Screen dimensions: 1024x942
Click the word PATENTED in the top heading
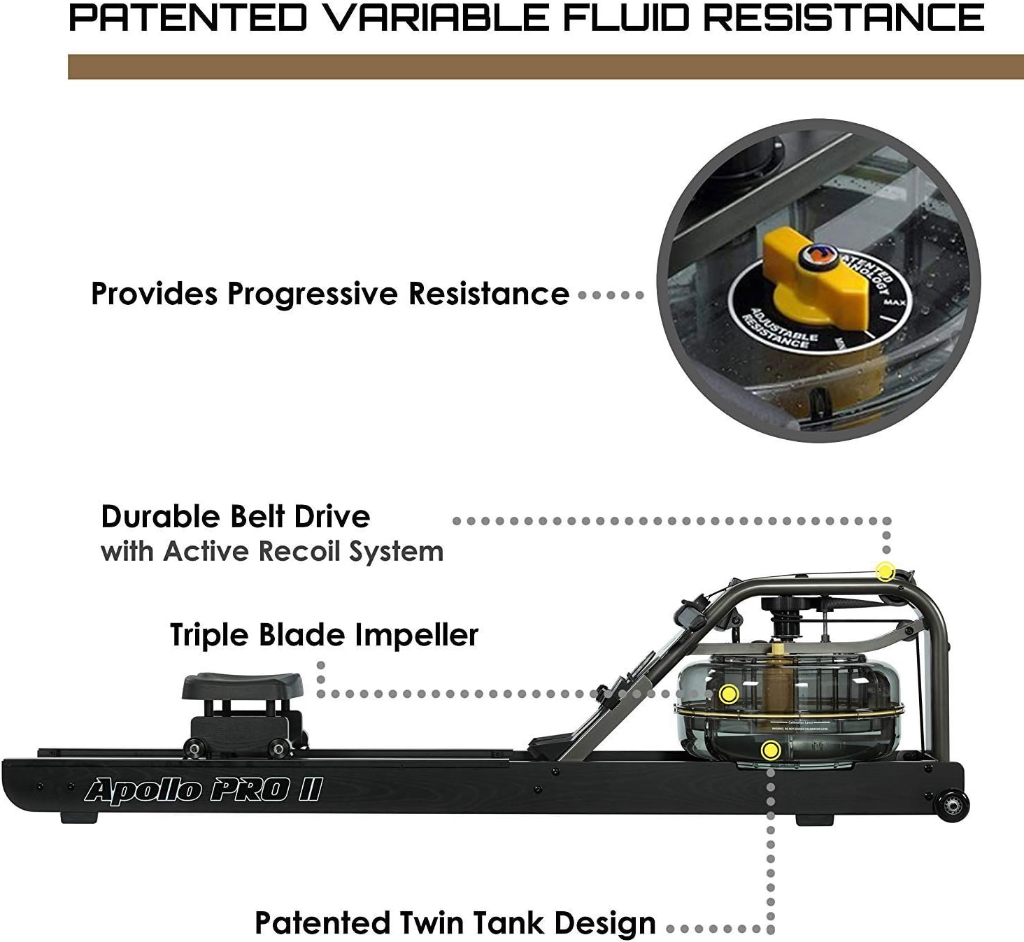click(187, 17)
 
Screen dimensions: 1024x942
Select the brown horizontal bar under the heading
click(546, 67)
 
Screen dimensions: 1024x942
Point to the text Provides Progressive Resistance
click(330, 294)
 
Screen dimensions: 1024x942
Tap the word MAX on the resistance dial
click(890, 302)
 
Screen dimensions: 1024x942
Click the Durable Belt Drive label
click(236, 517)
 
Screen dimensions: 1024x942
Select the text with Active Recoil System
click(272, 552)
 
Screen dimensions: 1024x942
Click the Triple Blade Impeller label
click(324, 635)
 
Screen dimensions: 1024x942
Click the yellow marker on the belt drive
click(886, 571)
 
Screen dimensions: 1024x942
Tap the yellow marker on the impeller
click(729, 694)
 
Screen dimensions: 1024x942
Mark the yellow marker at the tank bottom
click(771, 750)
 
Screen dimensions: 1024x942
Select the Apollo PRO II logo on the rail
click(203, 790)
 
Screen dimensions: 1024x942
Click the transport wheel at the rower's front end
click(952, 805)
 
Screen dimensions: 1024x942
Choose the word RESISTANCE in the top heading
click(843, 17)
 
